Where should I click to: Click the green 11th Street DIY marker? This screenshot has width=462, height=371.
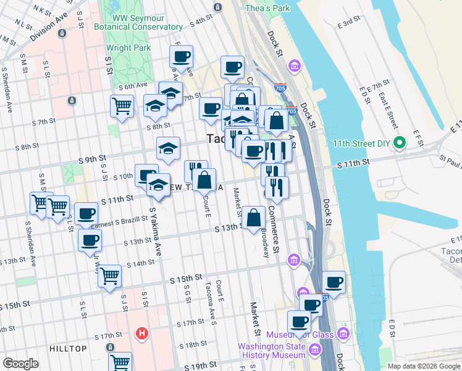[400, 143]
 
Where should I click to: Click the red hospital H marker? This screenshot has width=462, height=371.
[141, 334]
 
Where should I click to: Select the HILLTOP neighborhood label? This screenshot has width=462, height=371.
[69, 349]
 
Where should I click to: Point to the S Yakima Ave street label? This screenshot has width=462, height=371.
[154, 232]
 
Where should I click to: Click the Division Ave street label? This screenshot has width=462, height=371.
[48, 27]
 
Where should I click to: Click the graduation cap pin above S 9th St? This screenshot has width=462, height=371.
[168, 148]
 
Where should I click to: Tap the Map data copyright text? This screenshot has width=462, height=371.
[423, 366]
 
